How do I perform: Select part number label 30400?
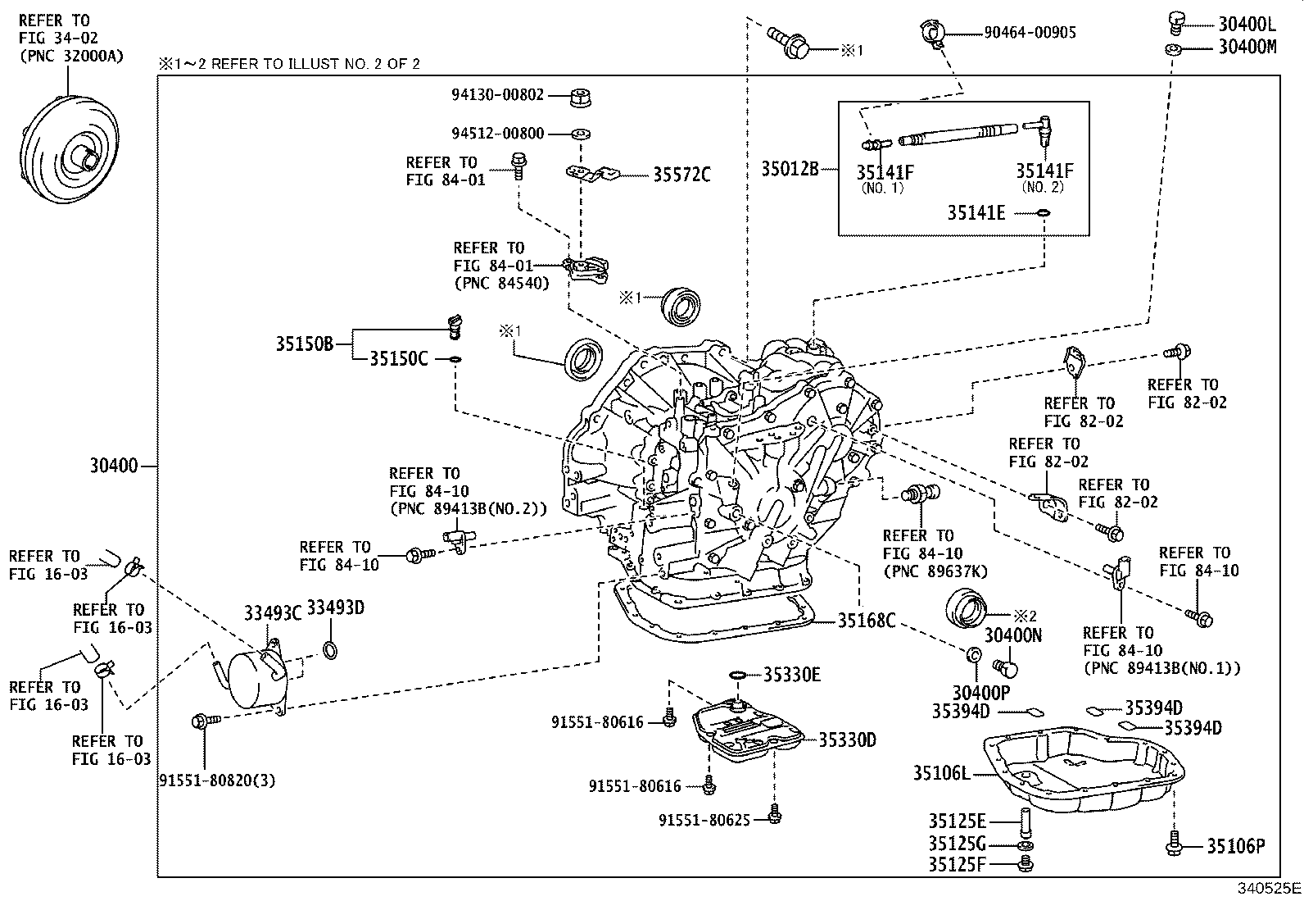tap(114, 466)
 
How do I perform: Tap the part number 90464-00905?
tap(1030, 33)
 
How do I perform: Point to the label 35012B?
tap(790, 169)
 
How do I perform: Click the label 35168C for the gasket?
tap(866, 621)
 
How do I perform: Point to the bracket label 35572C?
tap(681, 175)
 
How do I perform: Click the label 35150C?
tap(398, 358)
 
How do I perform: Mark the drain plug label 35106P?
tap(1235, 846)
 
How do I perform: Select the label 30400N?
tap(1012, 635)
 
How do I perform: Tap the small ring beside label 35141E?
tap(1044, 213)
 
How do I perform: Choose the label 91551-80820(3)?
tap(217, 780)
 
